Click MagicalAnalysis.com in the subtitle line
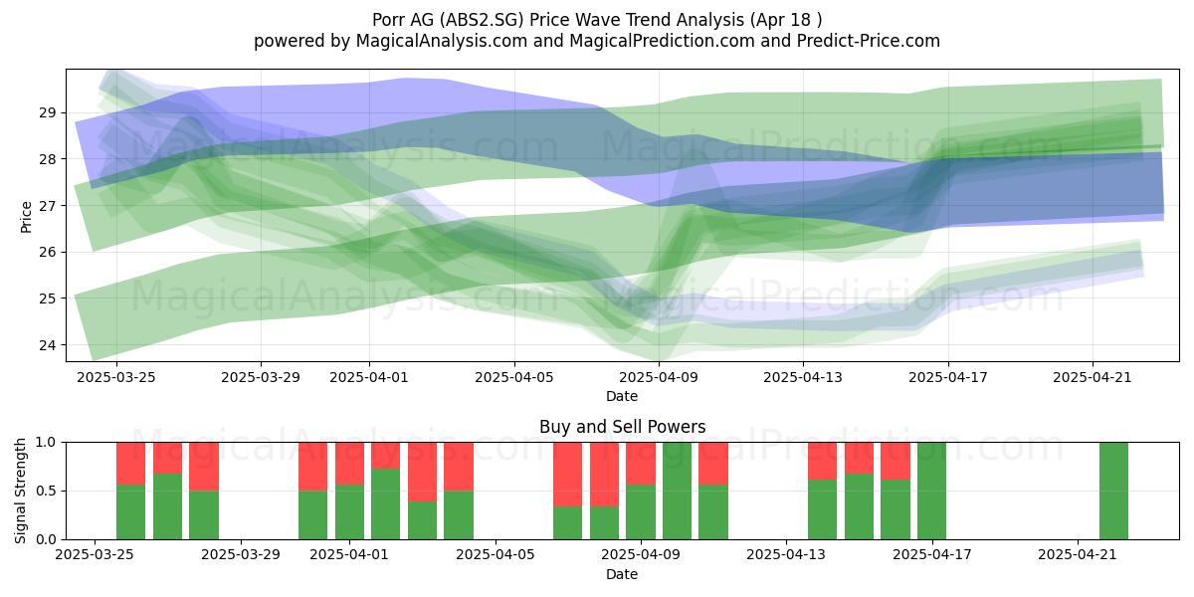tap(442, 41)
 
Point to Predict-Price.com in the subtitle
tap(869, 41)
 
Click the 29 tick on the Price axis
tap(46, 112)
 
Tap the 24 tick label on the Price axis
tap(46, 345)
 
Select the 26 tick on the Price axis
tap(46, 252)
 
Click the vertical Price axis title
tap(26, 217)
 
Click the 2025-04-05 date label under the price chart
tap(514, 377)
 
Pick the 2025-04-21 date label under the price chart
tap(1093, 377)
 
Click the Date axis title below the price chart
tap(622, 396)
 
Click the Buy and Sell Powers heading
tap(622, 427)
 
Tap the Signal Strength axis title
tap(20, 491)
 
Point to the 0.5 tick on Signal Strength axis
tap(46, 491)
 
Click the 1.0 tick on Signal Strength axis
tap(46, 442)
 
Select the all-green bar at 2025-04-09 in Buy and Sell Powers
tap(677, 491)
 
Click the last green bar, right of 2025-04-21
tap(1113, 491)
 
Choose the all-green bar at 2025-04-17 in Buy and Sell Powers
tap(931, 491)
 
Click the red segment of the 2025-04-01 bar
tap(349, 464)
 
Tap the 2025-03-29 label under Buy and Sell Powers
tap(241, 555)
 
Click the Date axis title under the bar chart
tap(622, 574)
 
